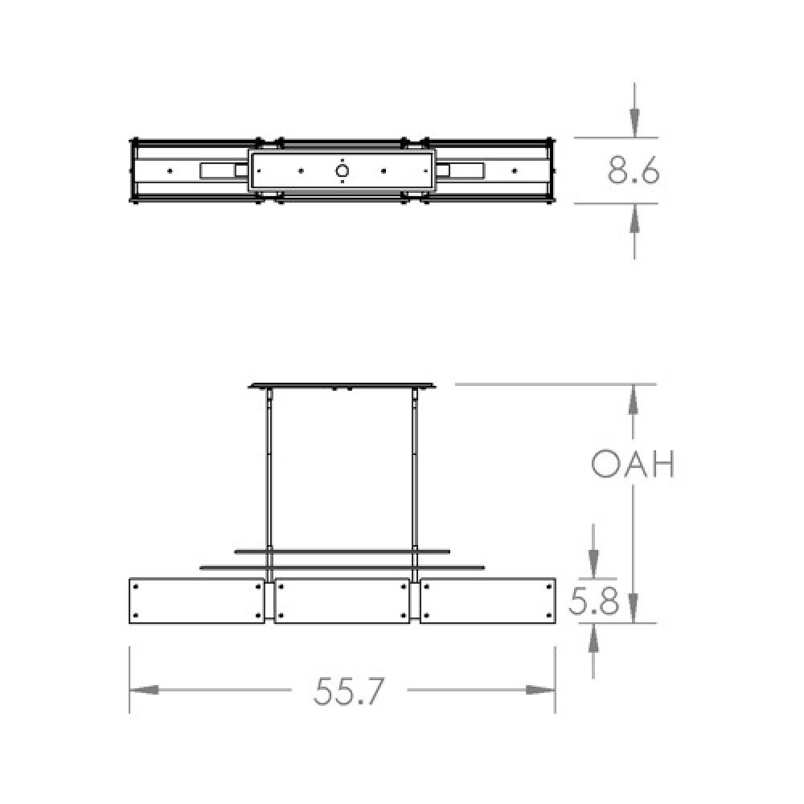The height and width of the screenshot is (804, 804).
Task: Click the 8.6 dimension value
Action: click(634, 170)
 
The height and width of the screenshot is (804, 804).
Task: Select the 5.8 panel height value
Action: click(593, 601)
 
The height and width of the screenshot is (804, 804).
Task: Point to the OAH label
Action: click(632, 464)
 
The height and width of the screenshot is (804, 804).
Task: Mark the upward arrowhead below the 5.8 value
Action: click(593, 639)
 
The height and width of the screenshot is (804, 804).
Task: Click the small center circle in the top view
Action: click(343, 170)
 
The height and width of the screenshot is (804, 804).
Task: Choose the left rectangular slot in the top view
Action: click(219, 170)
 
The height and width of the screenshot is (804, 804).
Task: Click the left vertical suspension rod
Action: click(269, 474)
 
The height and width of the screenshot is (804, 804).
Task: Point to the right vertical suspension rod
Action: click(415, 474)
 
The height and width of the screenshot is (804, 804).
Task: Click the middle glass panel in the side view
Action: click(342, 600)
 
